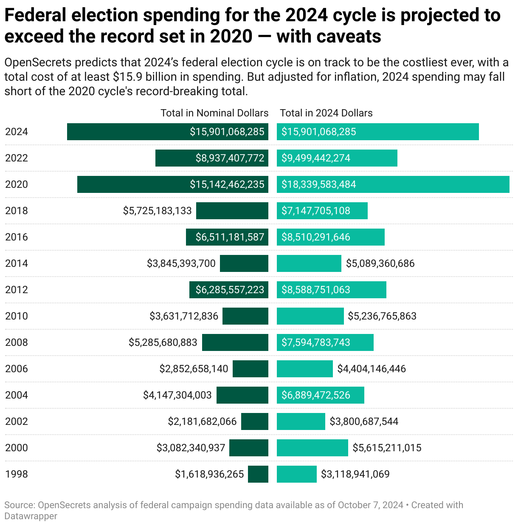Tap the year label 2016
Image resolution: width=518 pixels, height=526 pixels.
click(17, 237)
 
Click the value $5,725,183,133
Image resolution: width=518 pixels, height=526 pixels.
click(158, 211)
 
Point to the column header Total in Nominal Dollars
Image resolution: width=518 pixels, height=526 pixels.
click(214, 113)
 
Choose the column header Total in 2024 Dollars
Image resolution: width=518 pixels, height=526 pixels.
click(326, 113)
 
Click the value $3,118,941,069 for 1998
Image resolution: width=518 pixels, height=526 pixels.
click(355, 474)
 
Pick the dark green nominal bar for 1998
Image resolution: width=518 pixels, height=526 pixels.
click(258, 474)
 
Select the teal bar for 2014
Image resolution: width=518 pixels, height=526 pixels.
click(309, 263)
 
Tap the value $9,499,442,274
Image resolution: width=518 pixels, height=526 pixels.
click(316, 158)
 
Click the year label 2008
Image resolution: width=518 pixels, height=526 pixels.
click(17, 342)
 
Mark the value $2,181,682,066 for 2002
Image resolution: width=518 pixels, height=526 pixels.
click(202, 421)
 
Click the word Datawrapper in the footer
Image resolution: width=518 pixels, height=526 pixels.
click(31, 516)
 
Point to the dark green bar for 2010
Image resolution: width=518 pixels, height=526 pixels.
click(245, 316)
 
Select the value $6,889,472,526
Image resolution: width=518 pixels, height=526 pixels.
click(316, 395)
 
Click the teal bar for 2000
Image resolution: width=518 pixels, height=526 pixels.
click(312, 448)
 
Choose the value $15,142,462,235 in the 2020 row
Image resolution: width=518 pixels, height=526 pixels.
click(227, 184)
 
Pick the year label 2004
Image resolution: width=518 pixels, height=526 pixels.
click(17, 395)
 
